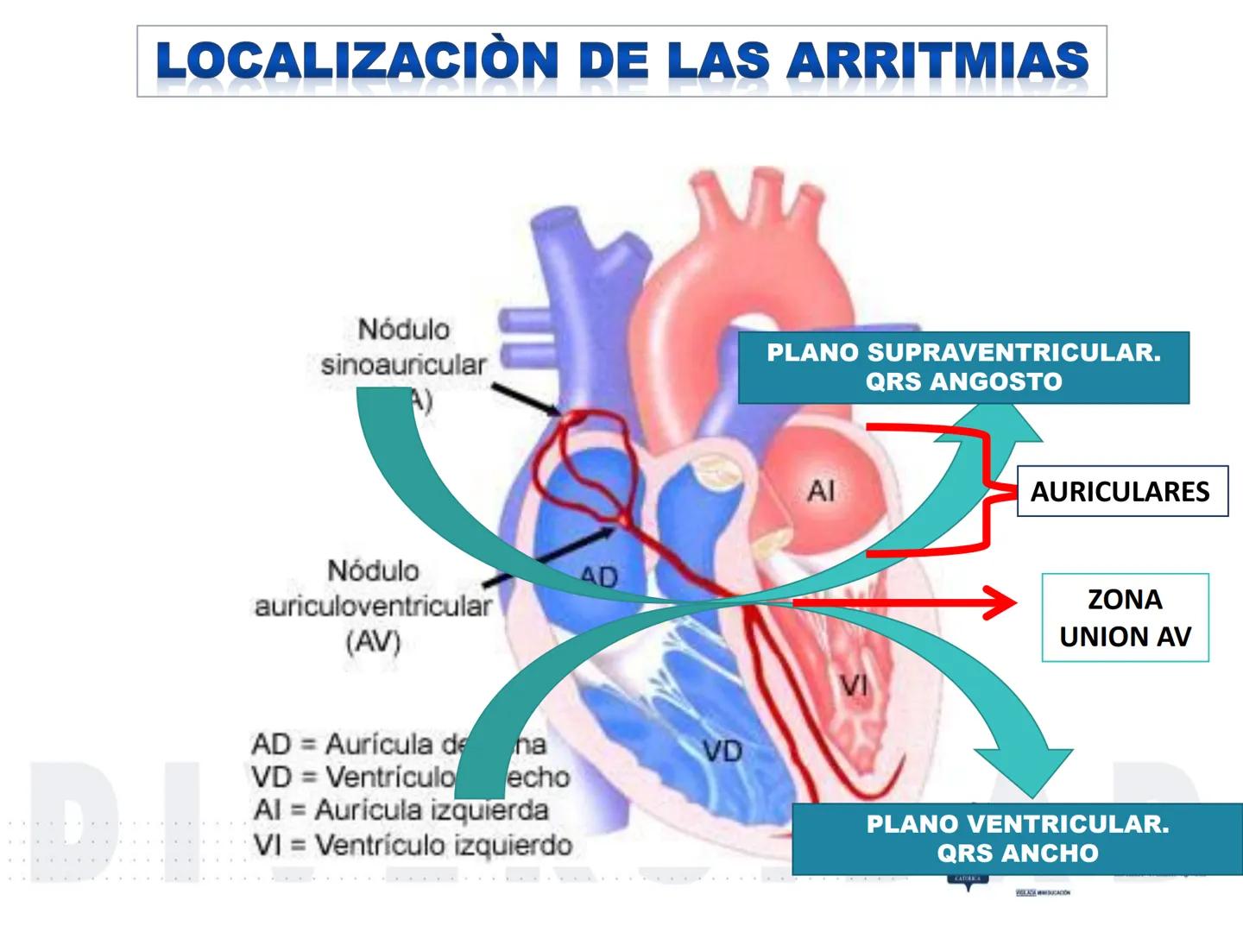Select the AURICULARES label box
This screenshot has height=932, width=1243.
click(x=1121, y=491)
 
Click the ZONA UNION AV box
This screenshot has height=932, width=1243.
click(x=1125, y=618)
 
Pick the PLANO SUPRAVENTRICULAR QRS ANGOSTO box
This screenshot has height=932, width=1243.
click(x=963, y=367)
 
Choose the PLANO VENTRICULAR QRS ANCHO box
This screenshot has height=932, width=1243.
click(x=1017, y=838)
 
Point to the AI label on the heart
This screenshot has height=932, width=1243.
click(x=821, y=491)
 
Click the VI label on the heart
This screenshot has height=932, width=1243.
click(x=854, y=686)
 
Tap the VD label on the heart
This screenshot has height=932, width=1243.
click(x=722, y=752)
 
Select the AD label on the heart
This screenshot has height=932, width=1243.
click(x=599, y=576)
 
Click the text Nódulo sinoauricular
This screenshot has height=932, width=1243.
click(x=403, y=348)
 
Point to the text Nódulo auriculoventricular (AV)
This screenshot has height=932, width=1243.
click(x=373, y=605)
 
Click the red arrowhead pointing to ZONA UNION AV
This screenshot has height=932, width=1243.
click(x=1000, y=602)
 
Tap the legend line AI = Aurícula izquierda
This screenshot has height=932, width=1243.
click(x=401, y=810)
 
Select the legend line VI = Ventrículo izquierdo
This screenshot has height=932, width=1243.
click(x=412, y=845)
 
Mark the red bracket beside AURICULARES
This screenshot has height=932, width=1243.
click(x=987, y=491)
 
